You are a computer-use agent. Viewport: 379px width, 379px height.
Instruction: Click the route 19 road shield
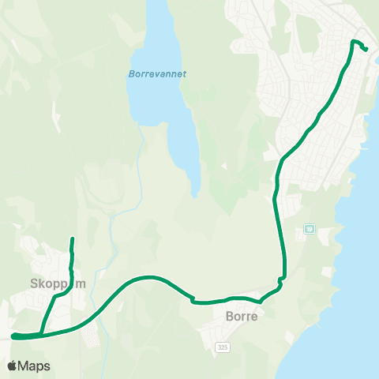[309, 230]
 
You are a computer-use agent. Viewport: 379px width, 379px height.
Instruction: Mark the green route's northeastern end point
[367, 49]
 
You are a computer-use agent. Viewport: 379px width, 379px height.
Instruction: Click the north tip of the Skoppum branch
[73, 238]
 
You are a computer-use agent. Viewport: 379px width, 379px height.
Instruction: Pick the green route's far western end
[13, 336]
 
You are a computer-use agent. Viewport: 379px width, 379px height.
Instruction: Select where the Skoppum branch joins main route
[41, 335]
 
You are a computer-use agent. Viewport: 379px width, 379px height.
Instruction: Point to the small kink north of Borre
[280, 280]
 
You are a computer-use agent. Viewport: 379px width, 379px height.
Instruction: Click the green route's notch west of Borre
[193, 298]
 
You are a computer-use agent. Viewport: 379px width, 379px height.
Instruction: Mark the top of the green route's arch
[146, 277]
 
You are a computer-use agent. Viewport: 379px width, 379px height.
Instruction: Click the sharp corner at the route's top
[352, 41]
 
